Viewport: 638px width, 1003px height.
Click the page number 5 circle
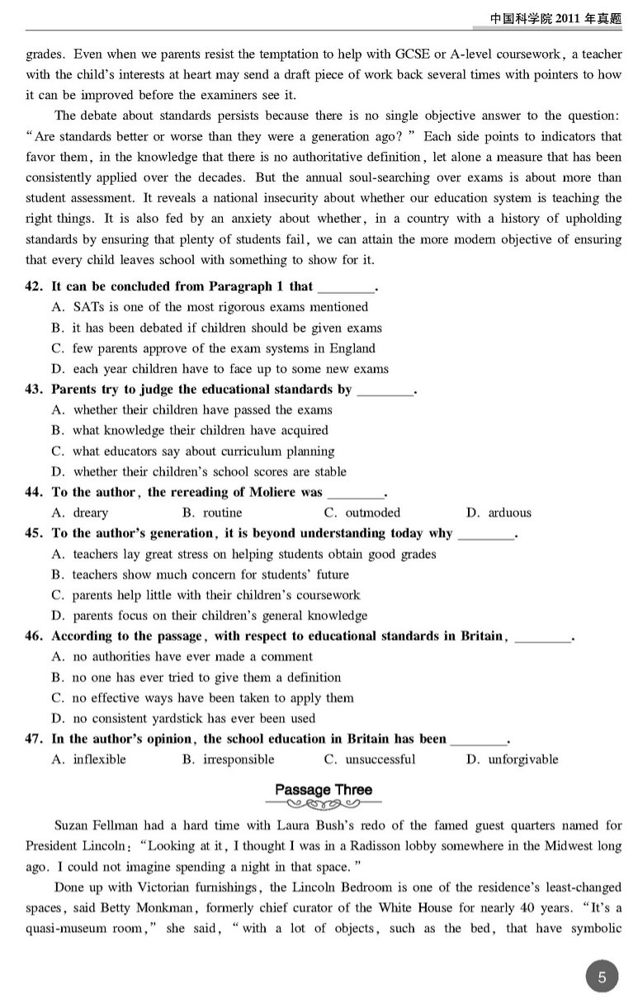pyautogui.click(x=602, y=978)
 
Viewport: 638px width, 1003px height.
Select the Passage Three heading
pyautogui.click(x=324, y=789)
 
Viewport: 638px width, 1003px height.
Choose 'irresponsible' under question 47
pyautogui.click(x=239, y=759)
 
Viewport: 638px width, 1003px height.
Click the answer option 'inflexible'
pyautogui.click(x=99, y=759)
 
